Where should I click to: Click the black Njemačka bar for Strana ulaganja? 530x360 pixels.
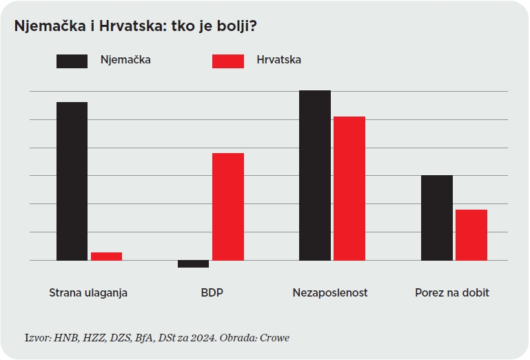coord(72,181)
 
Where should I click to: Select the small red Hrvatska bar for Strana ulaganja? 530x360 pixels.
coord(106,257)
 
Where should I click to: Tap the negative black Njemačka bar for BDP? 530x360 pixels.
coord(193,263)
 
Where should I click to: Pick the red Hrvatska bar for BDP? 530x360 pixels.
coord(228,206)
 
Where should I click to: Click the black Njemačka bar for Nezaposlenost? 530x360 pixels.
coord(315,175)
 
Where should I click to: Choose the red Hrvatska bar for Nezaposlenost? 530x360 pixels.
coord(349,188)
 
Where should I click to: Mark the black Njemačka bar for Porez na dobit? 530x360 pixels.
coord(437,217)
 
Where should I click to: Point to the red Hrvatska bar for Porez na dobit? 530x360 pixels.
coord(471,234)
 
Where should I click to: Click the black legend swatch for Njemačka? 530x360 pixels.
coord(72,61)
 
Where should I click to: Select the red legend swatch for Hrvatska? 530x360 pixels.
coord(227,61)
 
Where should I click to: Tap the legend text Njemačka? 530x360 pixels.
coord(125,60)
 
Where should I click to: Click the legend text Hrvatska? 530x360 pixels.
coord(278,60)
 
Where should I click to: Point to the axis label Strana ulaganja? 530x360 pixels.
coord(88,292)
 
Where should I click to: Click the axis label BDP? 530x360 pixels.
coord(212,292)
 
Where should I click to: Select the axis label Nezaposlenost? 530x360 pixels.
coord(330,292)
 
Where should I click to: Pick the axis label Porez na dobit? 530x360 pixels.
coord(452,292)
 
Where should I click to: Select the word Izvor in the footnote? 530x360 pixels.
coord(37,337)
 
